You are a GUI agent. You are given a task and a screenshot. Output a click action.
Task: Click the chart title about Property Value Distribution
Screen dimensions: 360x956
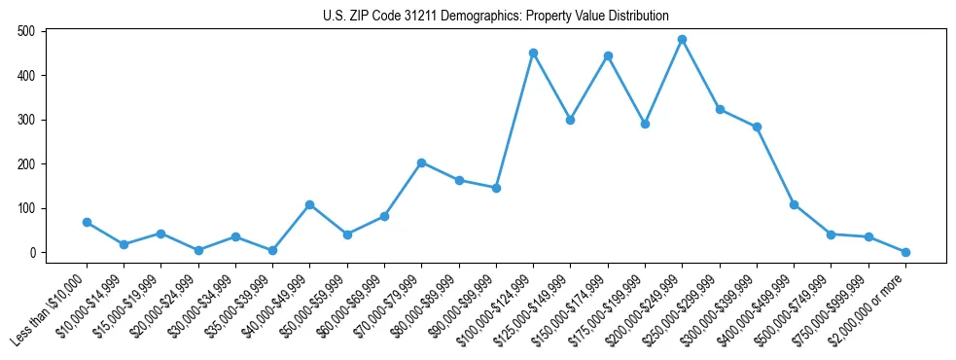tap(495, 16)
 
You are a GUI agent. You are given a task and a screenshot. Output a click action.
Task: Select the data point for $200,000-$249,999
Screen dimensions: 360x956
tap(682, 40)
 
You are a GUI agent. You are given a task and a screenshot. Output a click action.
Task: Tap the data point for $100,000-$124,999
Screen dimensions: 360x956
tap(533, 53)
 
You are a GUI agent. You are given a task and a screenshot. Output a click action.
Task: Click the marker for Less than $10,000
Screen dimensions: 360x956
tap(87, 222)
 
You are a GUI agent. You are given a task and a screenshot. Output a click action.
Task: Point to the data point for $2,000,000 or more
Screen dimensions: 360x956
tap(905, 252)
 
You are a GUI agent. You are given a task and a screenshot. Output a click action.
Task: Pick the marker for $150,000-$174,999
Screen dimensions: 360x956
tap(608, 55)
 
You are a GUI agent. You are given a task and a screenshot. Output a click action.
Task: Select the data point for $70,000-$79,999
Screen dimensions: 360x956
tap(421, 162)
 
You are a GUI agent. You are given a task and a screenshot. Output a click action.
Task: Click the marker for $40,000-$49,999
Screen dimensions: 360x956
tap(309, 204)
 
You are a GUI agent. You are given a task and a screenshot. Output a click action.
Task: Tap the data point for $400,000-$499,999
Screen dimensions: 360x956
tap(794, 204)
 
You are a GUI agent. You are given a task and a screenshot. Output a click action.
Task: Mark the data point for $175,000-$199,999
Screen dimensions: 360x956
tap(645, 124)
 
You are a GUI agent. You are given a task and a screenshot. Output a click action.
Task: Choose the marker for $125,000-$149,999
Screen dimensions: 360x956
tap(570, 120)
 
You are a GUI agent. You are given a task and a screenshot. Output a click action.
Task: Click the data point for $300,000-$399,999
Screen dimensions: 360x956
tap(757, 126)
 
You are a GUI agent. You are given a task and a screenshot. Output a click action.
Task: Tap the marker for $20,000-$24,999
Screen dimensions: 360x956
tap(198, 250)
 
